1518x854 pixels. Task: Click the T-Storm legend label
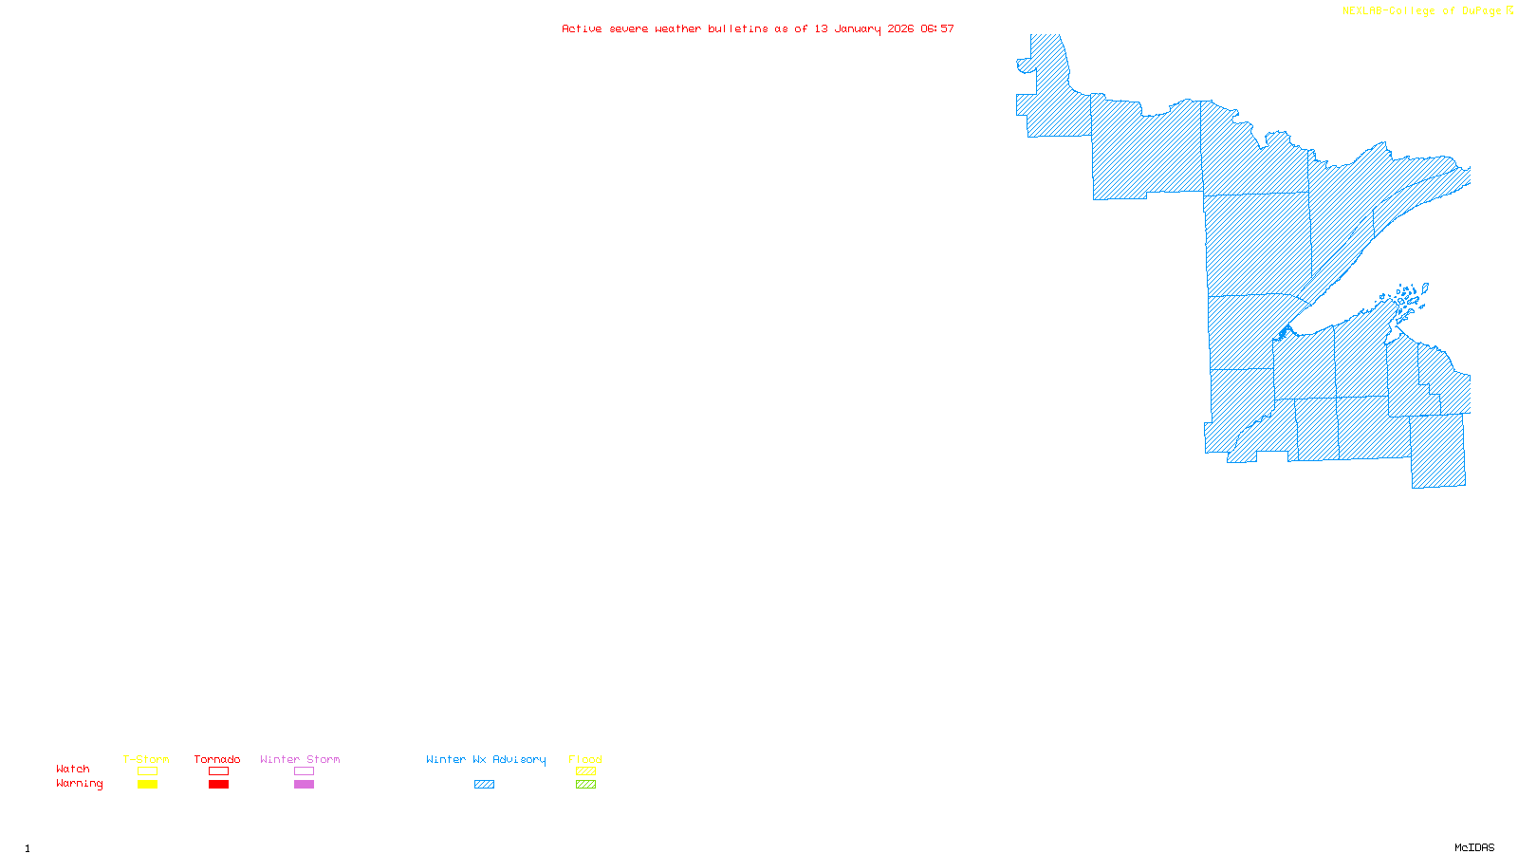(146, 759)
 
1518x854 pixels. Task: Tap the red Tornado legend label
(217, 759)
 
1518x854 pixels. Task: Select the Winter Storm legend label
(300, 759)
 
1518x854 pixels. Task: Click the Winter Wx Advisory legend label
(486, 759)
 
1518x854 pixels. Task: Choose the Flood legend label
(585, 759)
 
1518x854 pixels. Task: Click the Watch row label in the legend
(73, 769)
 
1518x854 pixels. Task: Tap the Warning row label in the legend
(80, 784)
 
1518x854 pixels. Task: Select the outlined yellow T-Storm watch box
(147, 771)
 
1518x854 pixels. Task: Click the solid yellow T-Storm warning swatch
(147, 785)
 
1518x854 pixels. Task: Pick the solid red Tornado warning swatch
(218, 785)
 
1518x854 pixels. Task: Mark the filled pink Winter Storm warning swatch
(304, 785)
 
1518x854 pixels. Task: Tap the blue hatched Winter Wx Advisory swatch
(484, 785)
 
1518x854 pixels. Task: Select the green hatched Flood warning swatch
(585, 785)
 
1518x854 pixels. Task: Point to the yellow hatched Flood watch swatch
(585, 771)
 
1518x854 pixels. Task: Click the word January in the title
(857, 28)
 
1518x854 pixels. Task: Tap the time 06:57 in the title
(936, 28)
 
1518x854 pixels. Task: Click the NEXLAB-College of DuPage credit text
(1422, 11)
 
